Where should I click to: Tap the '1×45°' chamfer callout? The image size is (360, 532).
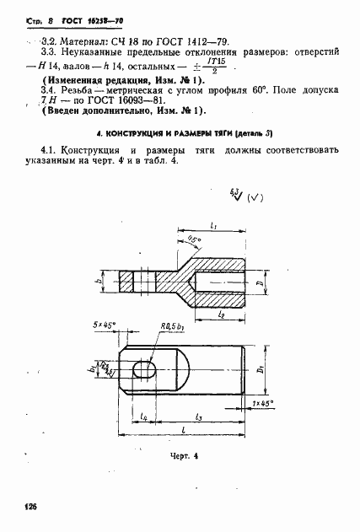pos(266,403)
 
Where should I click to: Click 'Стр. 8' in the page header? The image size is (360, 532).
pos(24,13)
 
